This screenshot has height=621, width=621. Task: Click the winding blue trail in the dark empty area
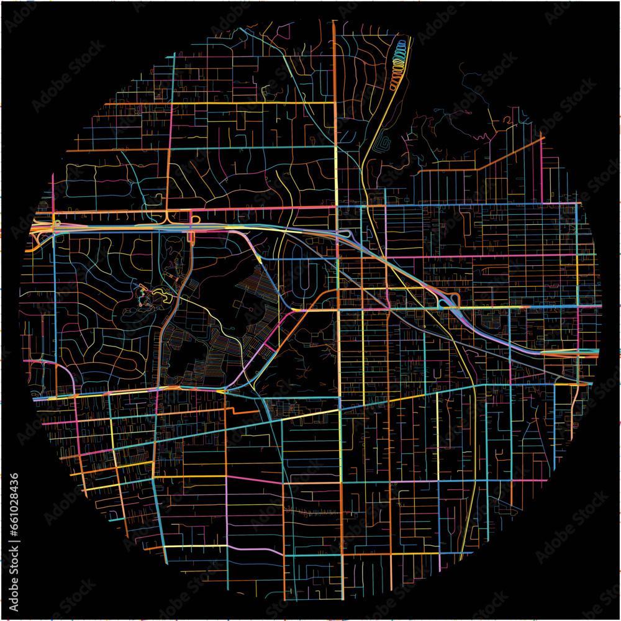pos(472,81)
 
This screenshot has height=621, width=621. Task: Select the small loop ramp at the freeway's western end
pos(56,222)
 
